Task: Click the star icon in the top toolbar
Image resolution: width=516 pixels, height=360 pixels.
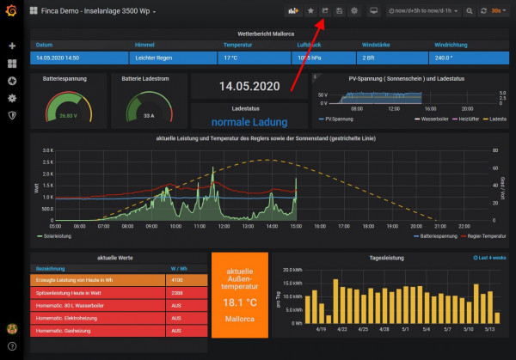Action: pyautogui.click(x=310, y=10)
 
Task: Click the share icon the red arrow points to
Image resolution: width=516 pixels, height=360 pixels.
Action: pyautogui.click(x=326, y=10)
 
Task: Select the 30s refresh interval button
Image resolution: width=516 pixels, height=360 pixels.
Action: pyautogui.click(x=496, y=10)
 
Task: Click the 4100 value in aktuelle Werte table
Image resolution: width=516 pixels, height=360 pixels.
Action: pyautogui.click(x=176, y=280)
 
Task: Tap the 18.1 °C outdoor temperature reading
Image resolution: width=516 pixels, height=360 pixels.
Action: pyautogui.click(x=240, y=303)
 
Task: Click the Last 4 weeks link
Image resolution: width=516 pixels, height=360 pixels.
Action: pyautogui.click(x=489, y=257)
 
